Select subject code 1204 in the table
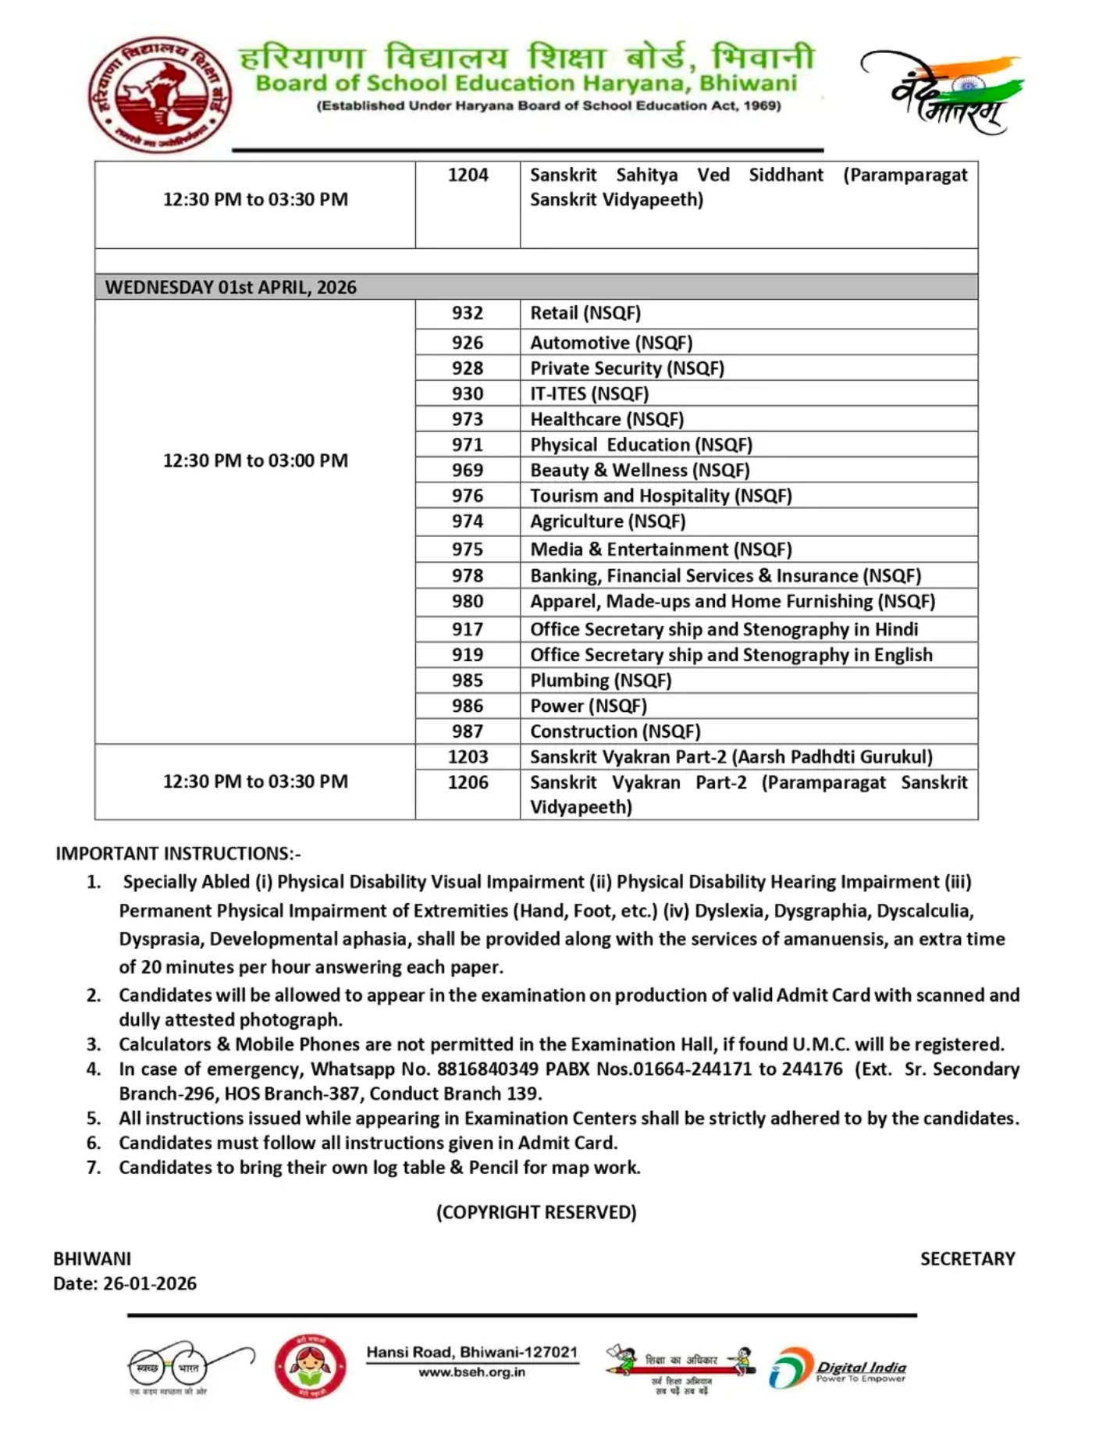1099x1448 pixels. (x=468, y=175)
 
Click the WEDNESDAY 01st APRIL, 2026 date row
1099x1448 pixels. (x=231, y=287)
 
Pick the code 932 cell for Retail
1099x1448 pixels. (x=467, y=313)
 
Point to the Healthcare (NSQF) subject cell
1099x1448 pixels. (x=606, y=419)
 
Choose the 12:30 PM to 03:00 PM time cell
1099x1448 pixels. (x=255, y=461)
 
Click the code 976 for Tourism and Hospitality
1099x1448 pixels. (x=467, y=496)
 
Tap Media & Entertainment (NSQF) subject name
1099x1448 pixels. (x=660, y=550)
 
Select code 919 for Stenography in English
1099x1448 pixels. (x=467, y=655)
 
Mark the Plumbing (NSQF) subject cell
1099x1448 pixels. (x=600, y=681)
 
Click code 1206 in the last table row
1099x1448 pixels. (x=468, y=782)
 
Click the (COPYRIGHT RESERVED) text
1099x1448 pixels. (x=536, y=1212)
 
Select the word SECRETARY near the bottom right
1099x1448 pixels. (x=967, y=1258)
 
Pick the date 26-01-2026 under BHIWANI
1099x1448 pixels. (x=149, y=1283)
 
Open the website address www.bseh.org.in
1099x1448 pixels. (x=471, y=1372)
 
